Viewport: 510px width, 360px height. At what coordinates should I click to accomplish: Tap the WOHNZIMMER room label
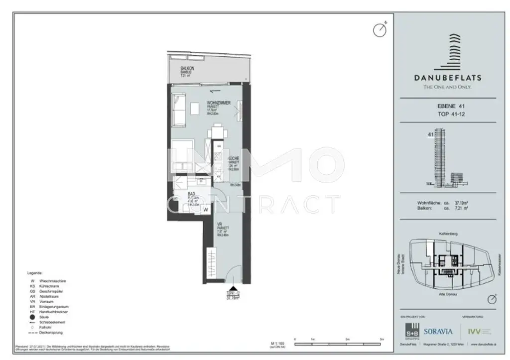pos(218,103)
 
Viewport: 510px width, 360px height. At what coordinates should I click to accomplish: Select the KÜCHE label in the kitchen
pos(234,158)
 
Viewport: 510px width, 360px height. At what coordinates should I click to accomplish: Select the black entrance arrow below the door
pos(231,284)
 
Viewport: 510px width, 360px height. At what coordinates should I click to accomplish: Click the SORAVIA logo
pos(437,331)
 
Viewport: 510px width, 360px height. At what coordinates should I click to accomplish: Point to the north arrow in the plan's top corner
pos(380,29)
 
